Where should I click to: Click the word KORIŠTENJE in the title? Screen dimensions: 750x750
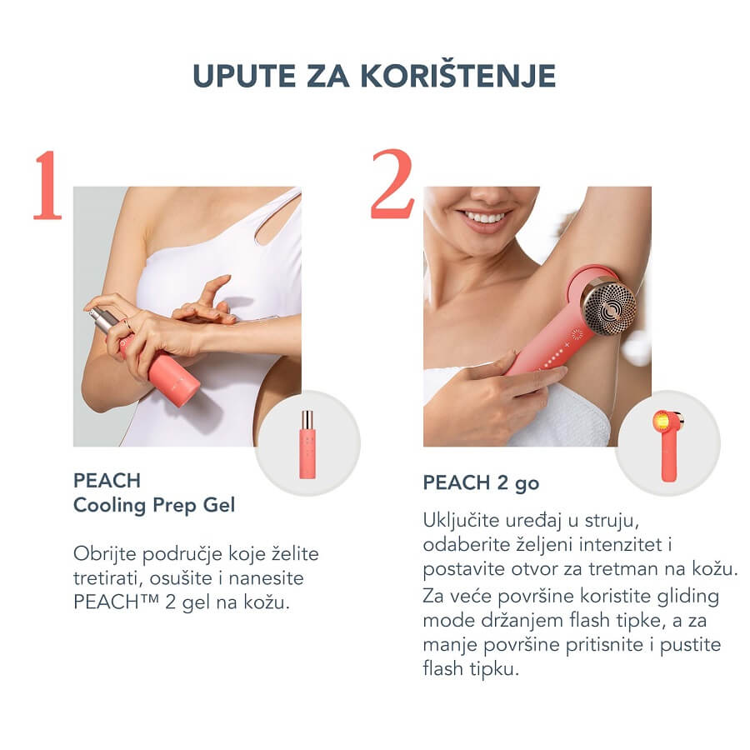coord(457,76)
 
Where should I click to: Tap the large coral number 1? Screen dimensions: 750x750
coord(47,186)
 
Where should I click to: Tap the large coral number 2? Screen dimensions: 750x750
coord(392,184)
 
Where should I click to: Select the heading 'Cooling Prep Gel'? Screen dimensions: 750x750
coord(154,506)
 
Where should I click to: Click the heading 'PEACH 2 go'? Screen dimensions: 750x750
coord(481,483)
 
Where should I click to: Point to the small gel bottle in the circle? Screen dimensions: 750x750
coord(307,444)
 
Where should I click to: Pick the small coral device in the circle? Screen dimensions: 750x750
coord(668,445)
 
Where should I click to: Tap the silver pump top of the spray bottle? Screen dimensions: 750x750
coord(101,319)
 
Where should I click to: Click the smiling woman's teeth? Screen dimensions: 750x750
coord(484,218)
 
